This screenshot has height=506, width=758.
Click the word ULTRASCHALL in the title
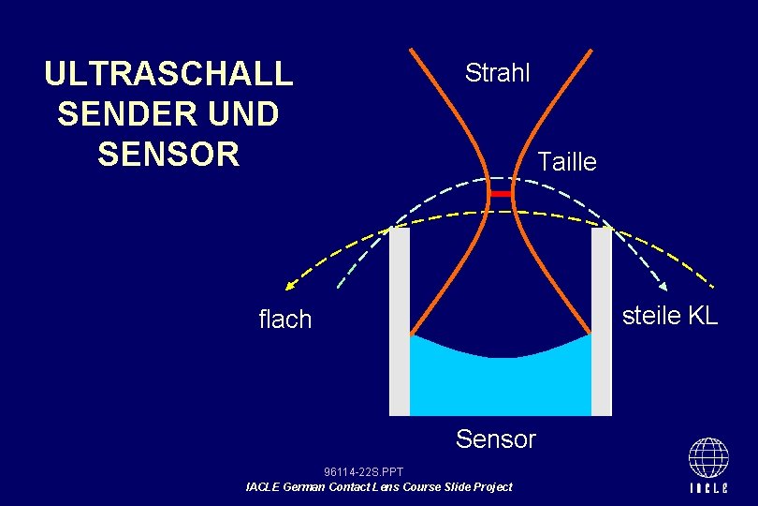[168, 74]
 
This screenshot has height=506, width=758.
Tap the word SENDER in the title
[119, 114]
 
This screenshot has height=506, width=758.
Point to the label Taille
[566, 162]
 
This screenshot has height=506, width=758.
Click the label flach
[284, 320]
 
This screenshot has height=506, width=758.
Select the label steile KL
[669, 316]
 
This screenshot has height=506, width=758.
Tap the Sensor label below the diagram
[495, 439]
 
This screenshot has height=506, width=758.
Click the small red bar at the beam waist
[502, 193]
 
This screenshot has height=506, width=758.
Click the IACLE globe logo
[708, 457]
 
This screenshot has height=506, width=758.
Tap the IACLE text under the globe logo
[708, 488]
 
